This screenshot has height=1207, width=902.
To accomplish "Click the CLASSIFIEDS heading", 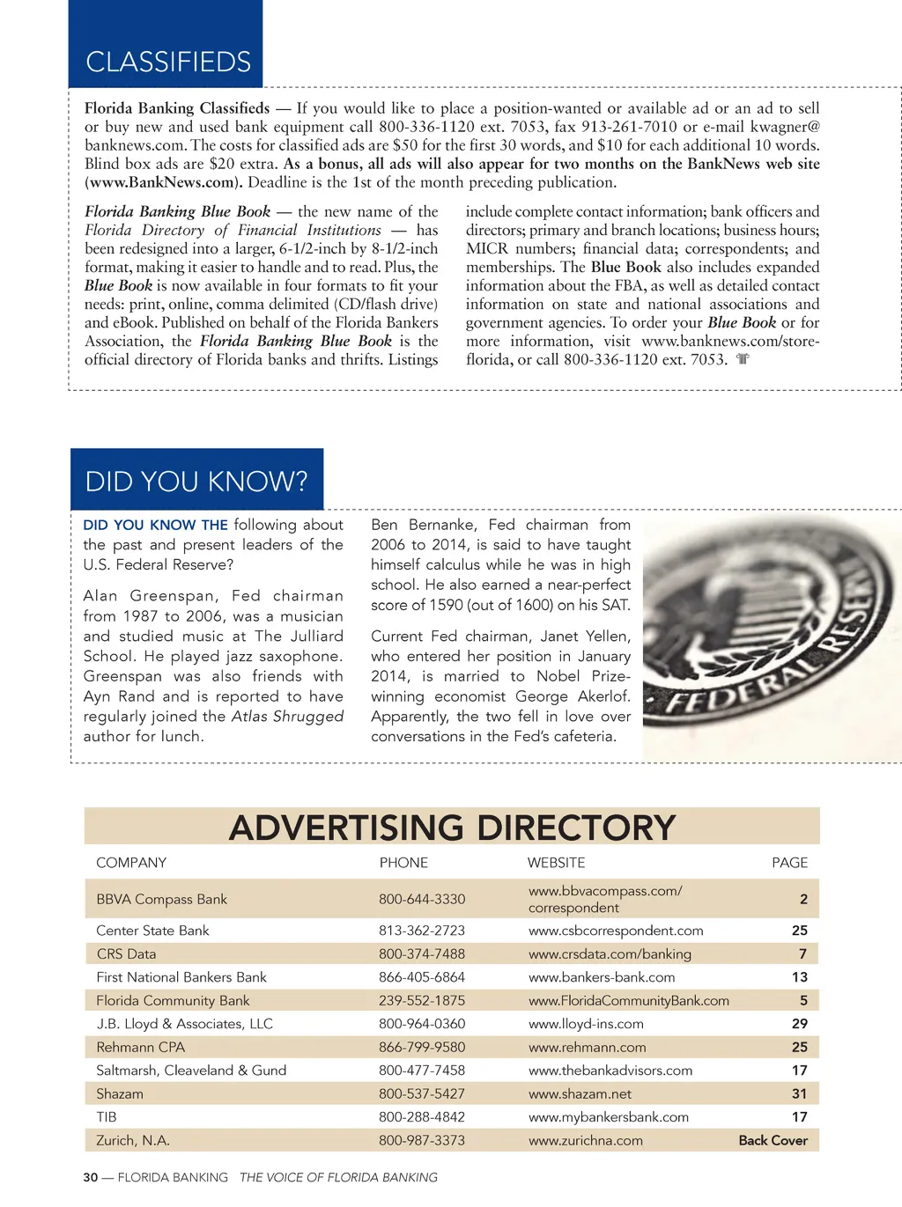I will (168, 62).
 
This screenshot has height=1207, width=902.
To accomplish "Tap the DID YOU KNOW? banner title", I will (196, 481).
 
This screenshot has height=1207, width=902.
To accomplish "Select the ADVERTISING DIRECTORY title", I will (452, 828).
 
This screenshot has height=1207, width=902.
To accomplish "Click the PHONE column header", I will (403, 863).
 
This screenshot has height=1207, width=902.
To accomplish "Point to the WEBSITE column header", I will (556, 863).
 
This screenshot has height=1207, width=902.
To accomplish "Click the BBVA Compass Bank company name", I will (161, 899).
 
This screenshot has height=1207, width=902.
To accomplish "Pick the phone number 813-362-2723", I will (422, 931).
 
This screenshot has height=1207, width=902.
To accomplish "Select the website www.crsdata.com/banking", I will (610, 953).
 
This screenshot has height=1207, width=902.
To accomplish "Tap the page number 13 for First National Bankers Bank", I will (799, 977).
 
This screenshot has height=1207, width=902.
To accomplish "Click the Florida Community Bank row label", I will (173, 1000).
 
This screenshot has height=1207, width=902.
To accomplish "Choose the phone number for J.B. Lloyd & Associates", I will (422, 1024).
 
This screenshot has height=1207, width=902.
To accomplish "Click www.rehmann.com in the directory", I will (587, 1047).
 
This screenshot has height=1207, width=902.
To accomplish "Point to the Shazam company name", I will (120, 1093).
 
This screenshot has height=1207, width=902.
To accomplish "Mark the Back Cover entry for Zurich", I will (773, 1140).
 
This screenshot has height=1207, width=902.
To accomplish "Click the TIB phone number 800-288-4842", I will (422, 1117).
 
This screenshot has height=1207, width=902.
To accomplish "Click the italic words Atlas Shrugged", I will (287, 717).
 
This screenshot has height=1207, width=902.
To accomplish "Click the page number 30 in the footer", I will (91, 1177).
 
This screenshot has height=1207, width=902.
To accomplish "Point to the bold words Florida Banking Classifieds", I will (177, 108).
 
